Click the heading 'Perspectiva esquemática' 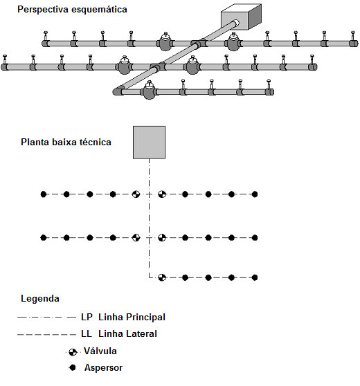coord(72,10)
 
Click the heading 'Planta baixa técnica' coord(66,142)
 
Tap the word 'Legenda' coord(40,299)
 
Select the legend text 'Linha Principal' coord(132,317)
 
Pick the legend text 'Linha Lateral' coord(127,334)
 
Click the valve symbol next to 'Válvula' coord(73,352)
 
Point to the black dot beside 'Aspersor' coord(73,368)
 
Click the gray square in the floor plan coord(149,143)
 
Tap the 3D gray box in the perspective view coord(241,17)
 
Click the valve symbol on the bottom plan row coord(162,277)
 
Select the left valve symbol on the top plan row coord(136,194)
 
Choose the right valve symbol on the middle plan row coord(162,237)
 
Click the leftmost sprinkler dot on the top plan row coord(44,194)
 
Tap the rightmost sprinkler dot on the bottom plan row coord(255,277)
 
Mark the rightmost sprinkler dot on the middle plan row coord(255,237)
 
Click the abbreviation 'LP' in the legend coord(87,317)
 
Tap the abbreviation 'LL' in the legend coord(87,334)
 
